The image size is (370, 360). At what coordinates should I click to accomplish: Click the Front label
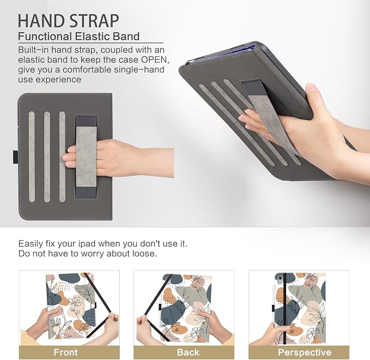(65, 352)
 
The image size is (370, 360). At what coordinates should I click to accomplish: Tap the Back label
(188, 352)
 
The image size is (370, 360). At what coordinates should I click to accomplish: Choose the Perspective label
(305, 352)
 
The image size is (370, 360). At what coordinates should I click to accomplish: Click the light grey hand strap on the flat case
(86, 157)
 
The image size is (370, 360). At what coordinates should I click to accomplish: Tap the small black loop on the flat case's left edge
(15, 157)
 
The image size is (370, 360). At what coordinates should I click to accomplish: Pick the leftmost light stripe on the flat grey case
(32, 157)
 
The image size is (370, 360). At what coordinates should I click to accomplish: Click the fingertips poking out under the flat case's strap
(70, 157)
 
